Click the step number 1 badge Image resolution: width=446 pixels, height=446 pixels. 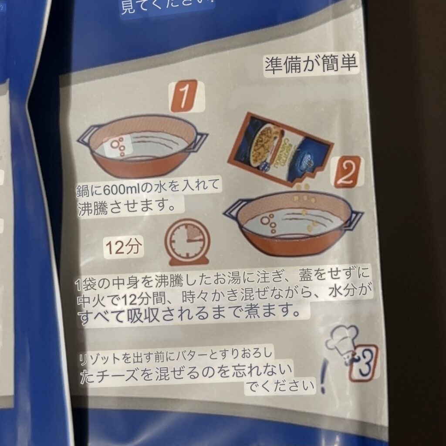pos(184,95)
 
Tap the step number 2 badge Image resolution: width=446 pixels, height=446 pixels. pos(346,172)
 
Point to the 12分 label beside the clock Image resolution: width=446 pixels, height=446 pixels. pos(123,247)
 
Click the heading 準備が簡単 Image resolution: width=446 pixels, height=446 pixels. pos(311,64)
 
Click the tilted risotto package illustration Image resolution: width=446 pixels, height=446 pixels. pos(280,149)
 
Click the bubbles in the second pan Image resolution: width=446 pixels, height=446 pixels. pos(269,224)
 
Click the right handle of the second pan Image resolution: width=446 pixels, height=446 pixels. pos(353,220)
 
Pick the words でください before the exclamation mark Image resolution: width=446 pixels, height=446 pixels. pos(280,386)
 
